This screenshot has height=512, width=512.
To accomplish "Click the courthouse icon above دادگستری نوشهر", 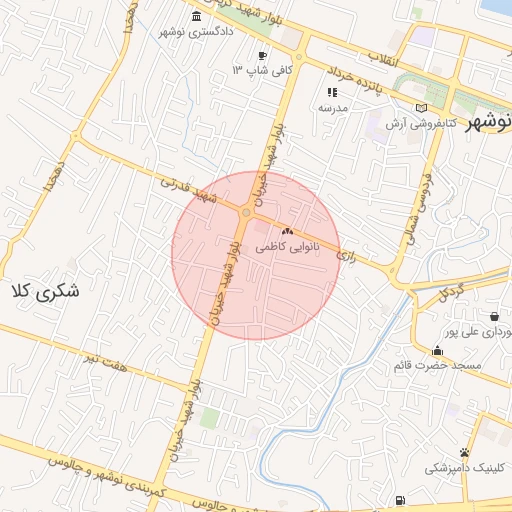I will [x=195, y=18].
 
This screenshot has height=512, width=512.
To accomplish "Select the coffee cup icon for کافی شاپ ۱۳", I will [x=262, y=55].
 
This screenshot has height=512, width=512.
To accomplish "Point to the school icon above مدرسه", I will [x=333, y=92].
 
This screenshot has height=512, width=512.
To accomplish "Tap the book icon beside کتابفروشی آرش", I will [x=421, y=108].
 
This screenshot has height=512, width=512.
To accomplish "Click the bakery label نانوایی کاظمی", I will [x=288, y=245].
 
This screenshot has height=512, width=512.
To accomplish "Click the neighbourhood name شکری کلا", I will [x=44, y=291].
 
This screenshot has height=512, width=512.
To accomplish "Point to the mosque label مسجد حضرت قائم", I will [x=437, y=365].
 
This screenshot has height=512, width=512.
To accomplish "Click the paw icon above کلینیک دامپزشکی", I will [x=464, y=453].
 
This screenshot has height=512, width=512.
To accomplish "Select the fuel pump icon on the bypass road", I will [x=401, y=500].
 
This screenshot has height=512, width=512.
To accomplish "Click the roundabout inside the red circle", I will [x=246, y=212].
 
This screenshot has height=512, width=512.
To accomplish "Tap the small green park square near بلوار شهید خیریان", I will [x=208, y=417].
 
